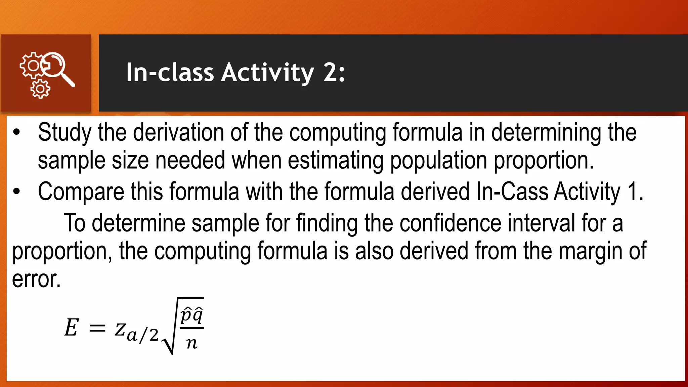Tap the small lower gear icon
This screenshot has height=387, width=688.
[x=40, y=89]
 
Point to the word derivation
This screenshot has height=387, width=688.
[x=178, y=132]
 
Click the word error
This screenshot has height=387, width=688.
[x=36, y=279]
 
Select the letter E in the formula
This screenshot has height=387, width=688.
[x=72, y=328]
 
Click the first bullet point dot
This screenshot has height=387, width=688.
[x=16, y=132]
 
